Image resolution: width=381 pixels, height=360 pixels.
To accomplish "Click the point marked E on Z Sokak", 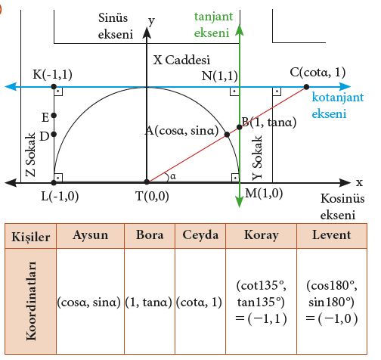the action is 54,116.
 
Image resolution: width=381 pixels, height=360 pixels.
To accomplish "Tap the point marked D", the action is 54,134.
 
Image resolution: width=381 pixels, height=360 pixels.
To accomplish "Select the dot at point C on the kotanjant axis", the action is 306,87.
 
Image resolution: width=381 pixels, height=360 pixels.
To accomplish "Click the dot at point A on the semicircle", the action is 227,135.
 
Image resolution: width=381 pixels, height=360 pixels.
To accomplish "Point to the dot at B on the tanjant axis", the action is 240,127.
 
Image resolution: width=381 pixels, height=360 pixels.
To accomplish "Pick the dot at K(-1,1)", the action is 54,87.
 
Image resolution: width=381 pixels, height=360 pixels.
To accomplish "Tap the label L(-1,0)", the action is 60,196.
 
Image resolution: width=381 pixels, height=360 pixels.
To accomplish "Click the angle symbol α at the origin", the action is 173,176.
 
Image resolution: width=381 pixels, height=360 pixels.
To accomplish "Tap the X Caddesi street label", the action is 181,60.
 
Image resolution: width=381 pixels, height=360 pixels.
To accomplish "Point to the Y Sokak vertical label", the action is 258,158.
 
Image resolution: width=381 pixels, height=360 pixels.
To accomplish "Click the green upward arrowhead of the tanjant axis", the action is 240,29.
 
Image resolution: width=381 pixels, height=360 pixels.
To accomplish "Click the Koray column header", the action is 262,235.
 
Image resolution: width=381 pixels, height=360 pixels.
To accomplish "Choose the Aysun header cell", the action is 90,235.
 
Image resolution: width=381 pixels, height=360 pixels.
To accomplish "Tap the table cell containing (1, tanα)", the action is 150,301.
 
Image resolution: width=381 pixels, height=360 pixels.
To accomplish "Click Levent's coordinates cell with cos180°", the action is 332,301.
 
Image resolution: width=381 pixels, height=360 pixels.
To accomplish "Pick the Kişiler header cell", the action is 30,236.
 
